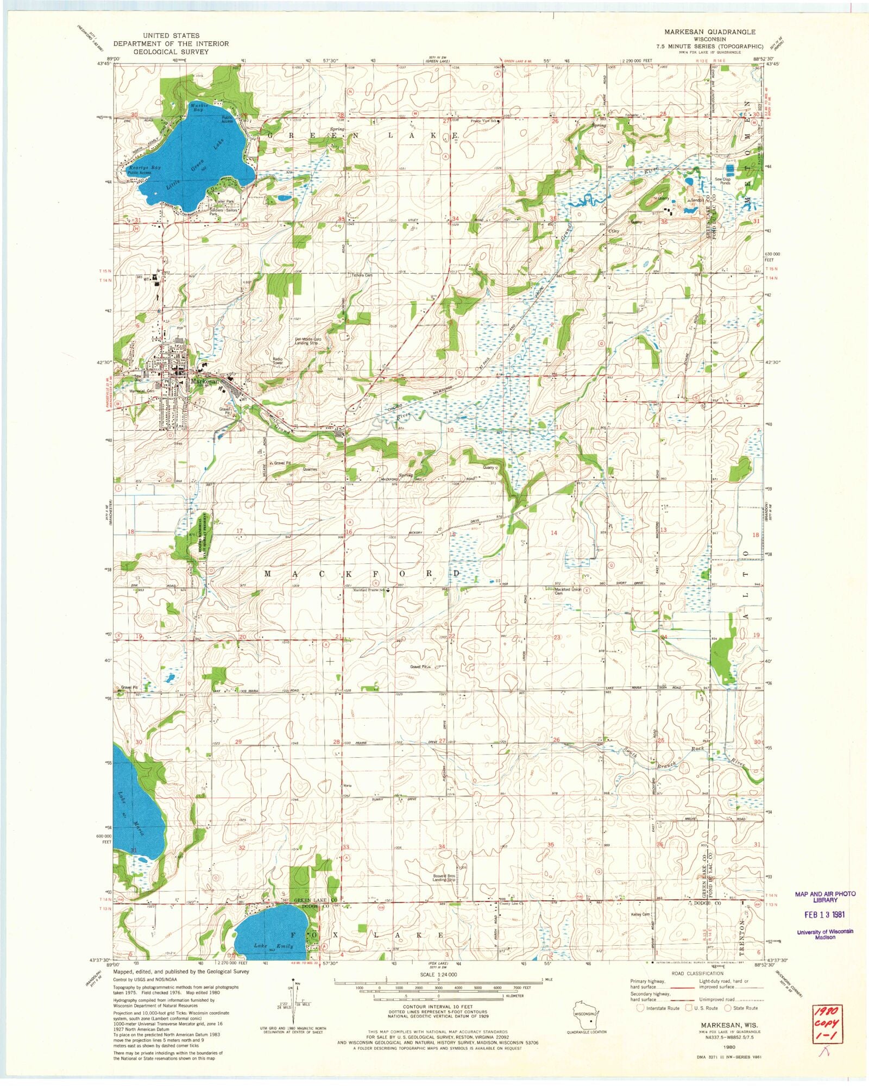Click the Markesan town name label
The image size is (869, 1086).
(203, 381)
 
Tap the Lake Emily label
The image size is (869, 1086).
(274, 946)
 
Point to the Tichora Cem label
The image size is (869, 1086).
(362, 275)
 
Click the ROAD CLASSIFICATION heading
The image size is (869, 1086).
(697, 974)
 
